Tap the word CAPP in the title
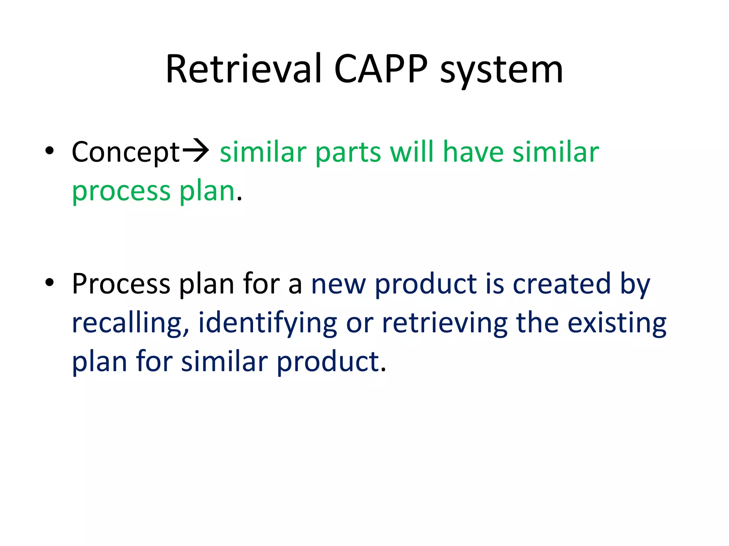pyautogui.click(x=381, y=69)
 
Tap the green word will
pyautogui.click(x=411, y=152)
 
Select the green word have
pyautogui.click(x=473, y=152)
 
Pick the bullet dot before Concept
pyautogui.click(x=49, y=151)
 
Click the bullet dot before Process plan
pyautogui.click(x=49, y=283)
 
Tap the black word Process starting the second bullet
pyautogui.click(x=121, y=284)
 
